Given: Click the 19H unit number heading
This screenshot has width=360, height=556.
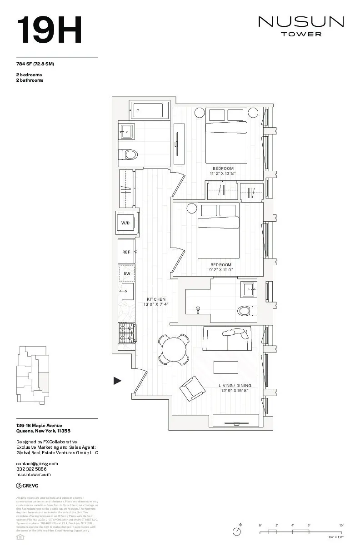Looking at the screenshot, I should coord(49,30).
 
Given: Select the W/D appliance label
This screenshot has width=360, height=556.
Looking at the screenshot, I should coord(125,223).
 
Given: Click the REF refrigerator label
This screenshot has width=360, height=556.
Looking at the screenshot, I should coord(126,252).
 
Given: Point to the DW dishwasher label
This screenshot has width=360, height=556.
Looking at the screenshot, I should coord(127,274).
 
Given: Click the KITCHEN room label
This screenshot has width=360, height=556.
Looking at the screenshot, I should coord(156,299).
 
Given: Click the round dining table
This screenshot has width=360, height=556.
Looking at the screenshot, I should coord(174,350).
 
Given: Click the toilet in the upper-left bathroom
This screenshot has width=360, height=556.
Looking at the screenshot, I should coord(130,155).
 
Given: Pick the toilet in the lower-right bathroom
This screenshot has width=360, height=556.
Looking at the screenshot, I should coord(245,311).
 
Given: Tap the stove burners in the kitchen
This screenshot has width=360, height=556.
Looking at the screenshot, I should coord(127,333).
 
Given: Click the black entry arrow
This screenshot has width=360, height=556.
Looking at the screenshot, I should coord(117,381).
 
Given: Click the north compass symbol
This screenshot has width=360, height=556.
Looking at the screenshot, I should coord(237,531).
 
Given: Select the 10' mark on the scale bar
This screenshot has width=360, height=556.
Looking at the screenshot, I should coord(341,526).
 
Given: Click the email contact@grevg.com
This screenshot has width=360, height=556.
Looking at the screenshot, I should coord(37,463).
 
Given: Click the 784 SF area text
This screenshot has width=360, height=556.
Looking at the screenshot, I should coord(35,64).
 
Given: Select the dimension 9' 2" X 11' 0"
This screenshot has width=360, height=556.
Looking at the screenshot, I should coord(222,269).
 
